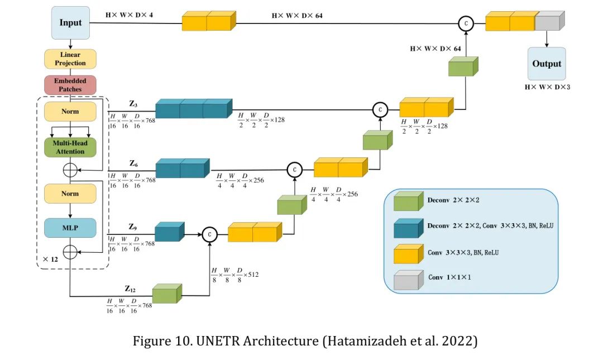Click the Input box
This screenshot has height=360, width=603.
tap(70, 23)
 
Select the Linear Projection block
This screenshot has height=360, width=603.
tap(70, 59)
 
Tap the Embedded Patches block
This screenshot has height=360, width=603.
tap(70, 85)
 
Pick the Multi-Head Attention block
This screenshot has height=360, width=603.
tap(70, 147)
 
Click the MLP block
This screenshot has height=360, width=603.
tap(70, 228)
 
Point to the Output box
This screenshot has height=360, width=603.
tap(547, 64)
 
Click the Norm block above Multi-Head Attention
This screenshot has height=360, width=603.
tap(70, 112)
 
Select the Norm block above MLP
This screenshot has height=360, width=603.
tap(70, 194)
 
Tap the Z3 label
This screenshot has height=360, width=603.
tap(133, 104)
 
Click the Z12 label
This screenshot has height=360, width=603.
tap(130, 289)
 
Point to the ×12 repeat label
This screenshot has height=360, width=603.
tap(50, 259)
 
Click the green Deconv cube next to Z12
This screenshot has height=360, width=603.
tap(167, 294)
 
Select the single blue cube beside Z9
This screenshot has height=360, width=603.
tap(170, 232)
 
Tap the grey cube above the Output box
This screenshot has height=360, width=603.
tap(550, 21)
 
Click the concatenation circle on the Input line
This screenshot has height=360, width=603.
tap(466, 23)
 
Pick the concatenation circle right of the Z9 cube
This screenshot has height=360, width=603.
tap(209, 234)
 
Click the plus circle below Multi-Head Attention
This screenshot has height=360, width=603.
tap(70, 170)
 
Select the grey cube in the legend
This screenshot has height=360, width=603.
tap(408, 280)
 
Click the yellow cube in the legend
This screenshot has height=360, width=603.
tap(408, 254)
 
